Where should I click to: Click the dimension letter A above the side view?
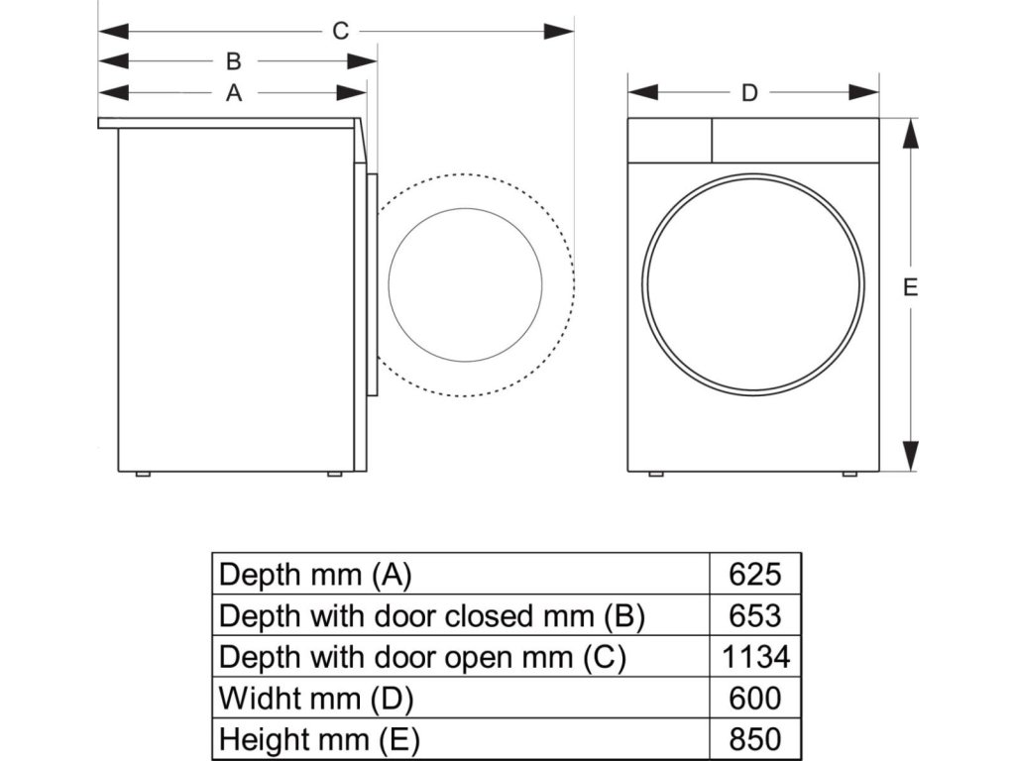pos(234,93)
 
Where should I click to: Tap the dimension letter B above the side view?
pos(234,61)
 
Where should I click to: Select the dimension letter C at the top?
pos(340,31)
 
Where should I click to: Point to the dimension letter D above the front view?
pos(750,93)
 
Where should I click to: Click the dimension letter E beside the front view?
pos(910,288)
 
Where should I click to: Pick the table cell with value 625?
pos(754,574)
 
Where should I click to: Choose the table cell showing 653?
pos(754,615)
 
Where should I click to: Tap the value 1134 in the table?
pos(754,657)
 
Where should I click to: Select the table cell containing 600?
pos(754,699)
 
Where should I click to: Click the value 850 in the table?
pos(754,739)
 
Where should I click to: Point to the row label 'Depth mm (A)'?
pos(314,574)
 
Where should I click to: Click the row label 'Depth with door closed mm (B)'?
pos(432,615)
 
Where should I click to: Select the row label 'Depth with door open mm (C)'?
pos(422,657)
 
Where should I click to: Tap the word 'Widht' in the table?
pos(259,699)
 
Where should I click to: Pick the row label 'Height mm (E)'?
pos(319,739)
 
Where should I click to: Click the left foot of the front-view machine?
pos(655,475)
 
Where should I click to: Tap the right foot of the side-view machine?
pos(334,475)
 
